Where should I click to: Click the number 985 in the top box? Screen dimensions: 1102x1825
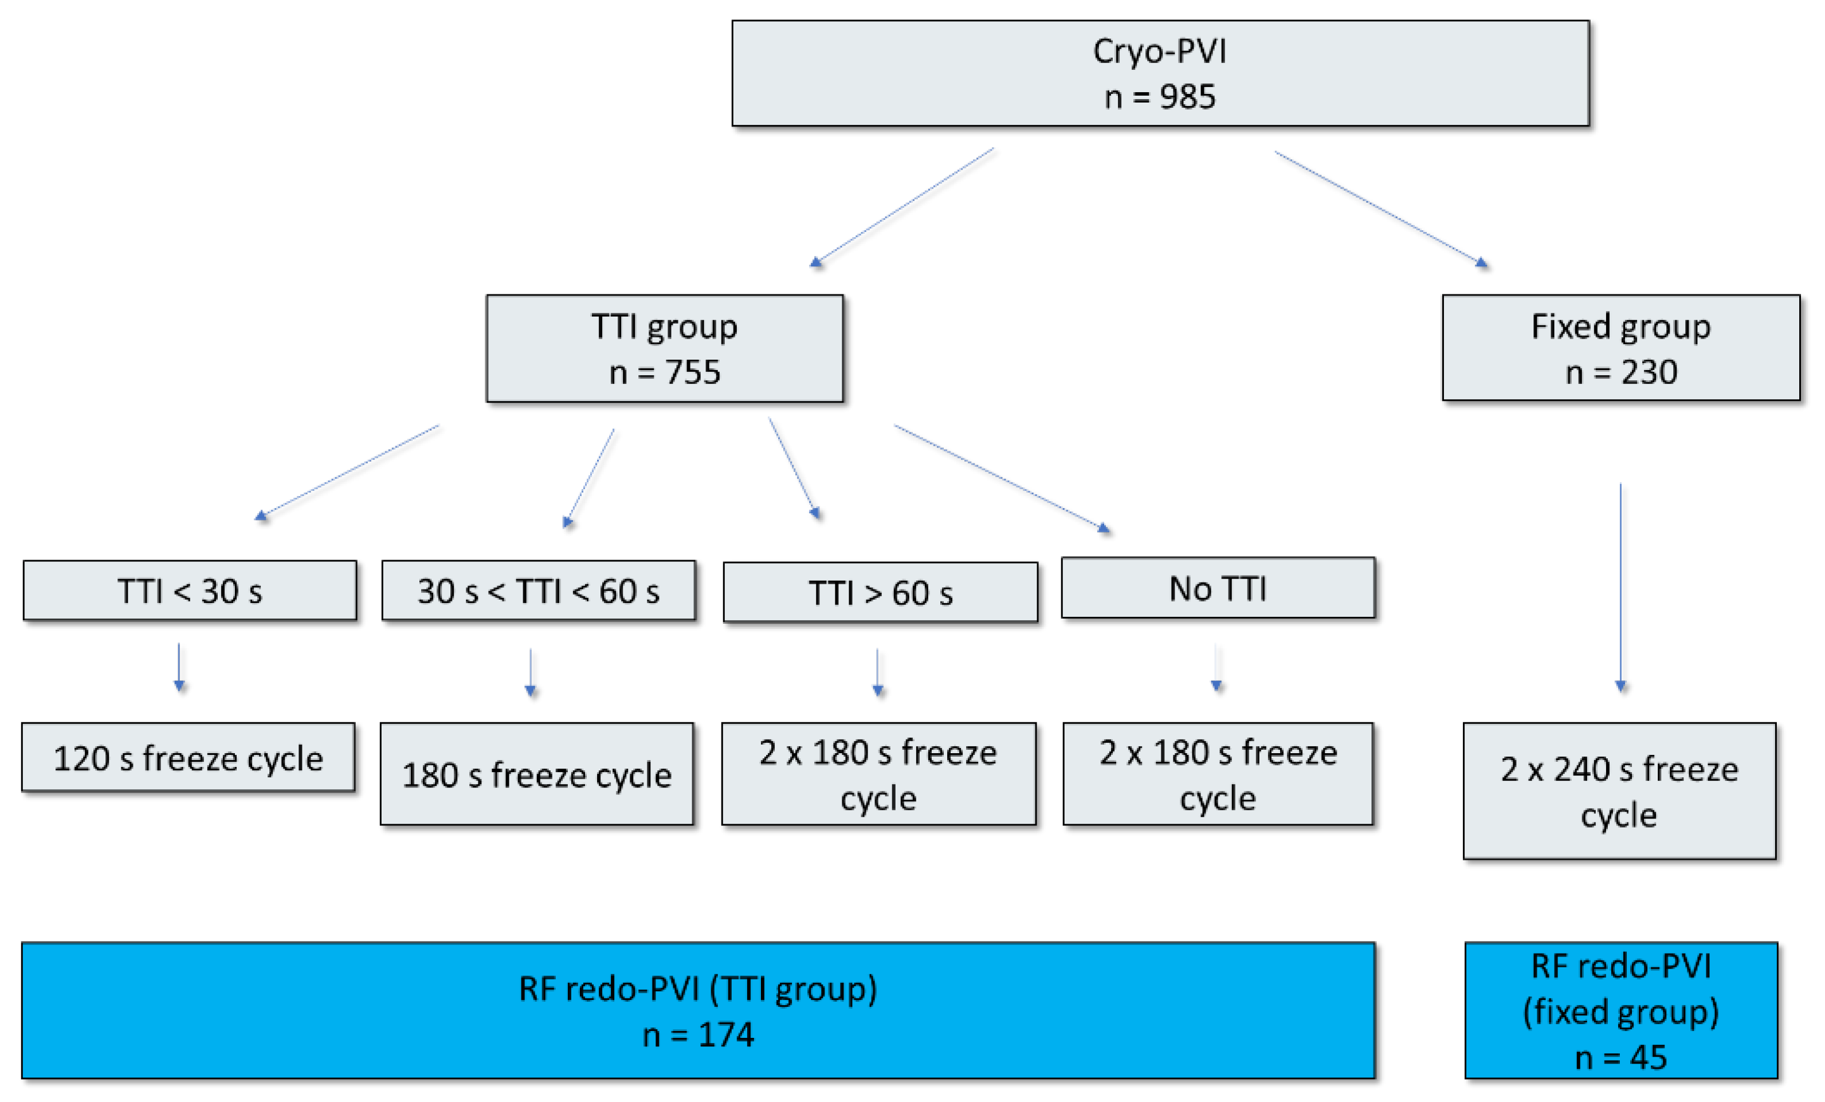[x=1187, y=97]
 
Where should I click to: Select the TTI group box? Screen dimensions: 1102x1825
[x=664, y=349]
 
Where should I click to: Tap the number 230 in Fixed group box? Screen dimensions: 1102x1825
[x=1650, y=372]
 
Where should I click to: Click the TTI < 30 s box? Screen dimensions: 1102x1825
[x=190, y=591]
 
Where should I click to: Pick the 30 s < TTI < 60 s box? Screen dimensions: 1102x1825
[x=539, y=591]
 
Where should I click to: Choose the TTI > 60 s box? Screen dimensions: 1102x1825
[x=880, y=592]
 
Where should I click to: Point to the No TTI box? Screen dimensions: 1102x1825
[x=1218, y=588]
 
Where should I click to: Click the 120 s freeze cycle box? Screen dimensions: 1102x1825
[x=188, y=758]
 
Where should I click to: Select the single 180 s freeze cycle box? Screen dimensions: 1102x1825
[x=537, y=774]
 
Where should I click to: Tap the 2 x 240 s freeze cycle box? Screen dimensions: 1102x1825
[x=1619, y=791]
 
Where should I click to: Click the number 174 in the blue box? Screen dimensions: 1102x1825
[x=726, y=1034]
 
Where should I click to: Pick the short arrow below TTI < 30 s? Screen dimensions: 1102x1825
[x=179, y=667]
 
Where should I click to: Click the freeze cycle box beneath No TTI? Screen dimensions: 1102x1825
[x=1218, y=774]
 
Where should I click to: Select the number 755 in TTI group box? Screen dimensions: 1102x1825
[x=693, y=372]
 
